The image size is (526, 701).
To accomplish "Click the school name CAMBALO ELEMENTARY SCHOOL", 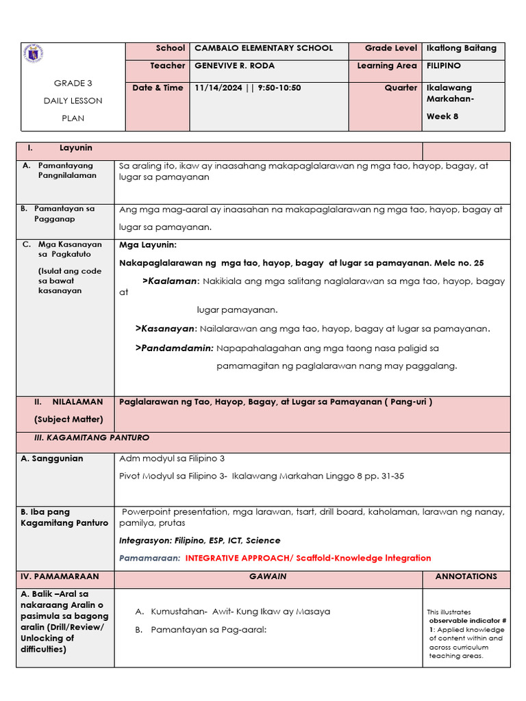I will coord(264,48).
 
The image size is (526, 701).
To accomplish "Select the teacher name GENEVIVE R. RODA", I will coord(234,66).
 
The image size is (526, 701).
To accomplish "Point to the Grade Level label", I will coord(390,48).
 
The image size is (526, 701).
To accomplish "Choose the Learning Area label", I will coord(387,66).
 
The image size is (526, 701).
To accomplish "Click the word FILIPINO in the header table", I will coord(444,66).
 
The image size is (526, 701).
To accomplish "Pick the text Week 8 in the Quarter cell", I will coord(442,116).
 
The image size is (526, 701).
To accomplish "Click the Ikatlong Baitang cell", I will coord(462,48).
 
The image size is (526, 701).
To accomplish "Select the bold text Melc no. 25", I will coord(459,263).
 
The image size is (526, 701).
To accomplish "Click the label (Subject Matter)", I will coord(68,419).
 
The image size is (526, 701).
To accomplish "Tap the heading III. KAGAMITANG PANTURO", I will coord(92,437).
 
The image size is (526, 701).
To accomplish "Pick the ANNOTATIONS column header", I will coord(466,576).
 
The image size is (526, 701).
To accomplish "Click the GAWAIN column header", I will coord(267,576).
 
